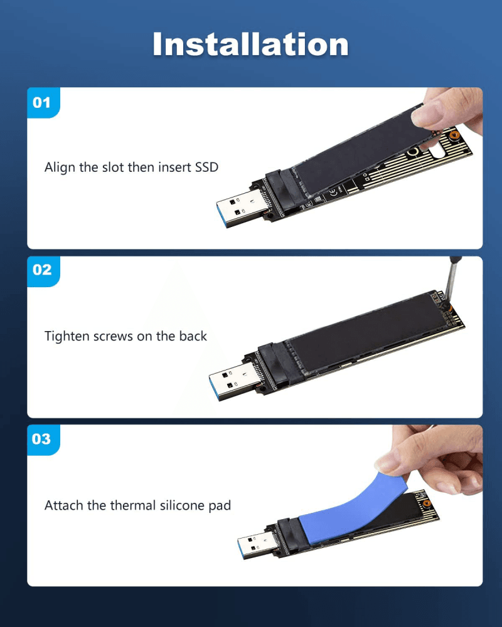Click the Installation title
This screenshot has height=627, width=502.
point(250,44)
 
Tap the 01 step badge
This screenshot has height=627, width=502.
point(42,102)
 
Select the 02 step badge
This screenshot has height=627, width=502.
point(42,270)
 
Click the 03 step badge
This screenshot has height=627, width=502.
point(42,438)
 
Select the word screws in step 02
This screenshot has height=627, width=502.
point(113,336)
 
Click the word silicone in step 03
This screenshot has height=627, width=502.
point(179,505)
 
